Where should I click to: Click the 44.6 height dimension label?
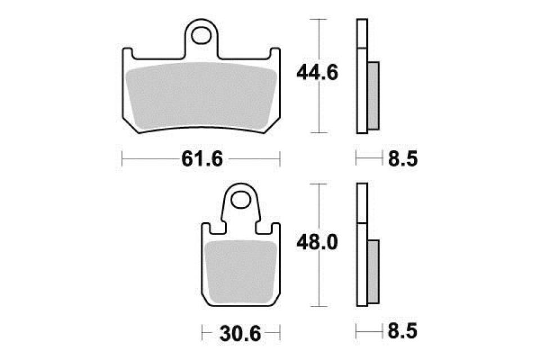point(317,73)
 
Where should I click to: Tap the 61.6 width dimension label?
point(202,159)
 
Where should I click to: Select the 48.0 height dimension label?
point(317,243)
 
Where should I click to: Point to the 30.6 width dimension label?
point(240,333)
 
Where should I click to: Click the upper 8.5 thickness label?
point(403,159)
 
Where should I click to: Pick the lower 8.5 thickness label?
point(403,331)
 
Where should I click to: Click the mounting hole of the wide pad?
point(201,36)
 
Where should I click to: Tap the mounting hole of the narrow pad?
point(240,200)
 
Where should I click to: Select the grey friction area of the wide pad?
point(202,96)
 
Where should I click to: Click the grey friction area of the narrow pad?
point(241,272)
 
